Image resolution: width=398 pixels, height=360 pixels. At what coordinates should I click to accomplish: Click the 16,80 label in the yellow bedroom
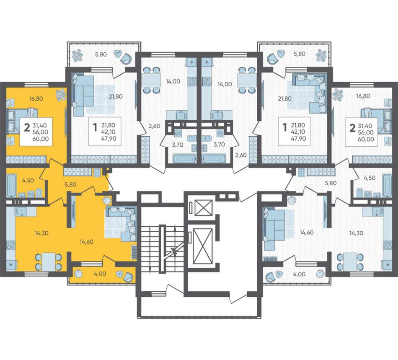click(36, 99)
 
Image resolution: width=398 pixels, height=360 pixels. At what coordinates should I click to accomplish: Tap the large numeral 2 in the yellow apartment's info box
click(27, 128)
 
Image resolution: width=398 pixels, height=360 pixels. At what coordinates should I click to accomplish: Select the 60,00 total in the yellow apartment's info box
click(41, 139)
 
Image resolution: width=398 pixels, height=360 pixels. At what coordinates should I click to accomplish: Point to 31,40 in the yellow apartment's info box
click(40, 125)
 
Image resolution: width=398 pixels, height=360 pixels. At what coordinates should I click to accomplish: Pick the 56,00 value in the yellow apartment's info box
click(41, 132)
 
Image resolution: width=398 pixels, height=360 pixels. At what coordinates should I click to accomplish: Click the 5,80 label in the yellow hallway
click(70, 184)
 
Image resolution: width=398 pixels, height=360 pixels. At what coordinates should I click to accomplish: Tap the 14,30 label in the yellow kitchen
click(41, 233)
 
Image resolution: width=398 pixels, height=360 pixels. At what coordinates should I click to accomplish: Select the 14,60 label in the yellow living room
click(86, 242)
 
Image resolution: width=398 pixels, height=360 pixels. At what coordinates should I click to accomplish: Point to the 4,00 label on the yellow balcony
click(100, 274)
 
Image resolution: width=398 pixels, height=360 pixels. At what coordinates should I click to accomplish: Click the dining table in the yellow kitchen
click(49, 262)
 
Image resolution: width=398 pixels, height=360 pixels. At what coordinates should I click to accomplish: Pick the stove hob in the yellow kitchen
click(10, 245)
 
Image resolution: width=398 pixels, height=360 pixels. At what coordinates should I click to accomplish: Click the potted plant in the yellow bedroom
click(61, 94)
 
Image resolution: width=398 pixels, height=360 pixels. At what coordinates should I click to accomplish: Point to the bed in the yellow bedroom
click(22, 122)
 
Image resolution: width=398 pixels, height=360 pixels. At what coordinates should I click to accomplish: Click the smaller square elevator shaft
click(203, 208)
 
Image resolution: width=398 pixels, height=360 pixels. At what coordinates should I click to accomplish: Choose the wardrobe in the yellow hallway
click(77, 172)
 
